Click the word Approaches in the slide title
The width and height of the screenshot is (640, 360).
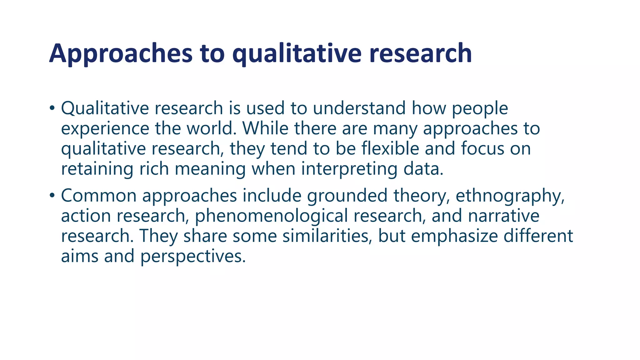click(x=121, y=54)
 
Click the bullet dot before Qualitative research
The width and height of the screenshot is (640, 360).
click(x=52, y=108)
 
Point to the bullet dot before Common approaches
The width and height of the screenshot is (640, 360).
click(x=52, y=196)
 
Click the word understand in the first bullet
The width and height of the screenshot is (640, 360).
click(x=359, y=108)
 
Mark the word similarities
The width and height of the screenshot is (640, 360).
click(x=327, y=236)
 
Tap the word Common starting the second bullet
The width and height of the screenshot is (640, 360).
click(x=99, y=196)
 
